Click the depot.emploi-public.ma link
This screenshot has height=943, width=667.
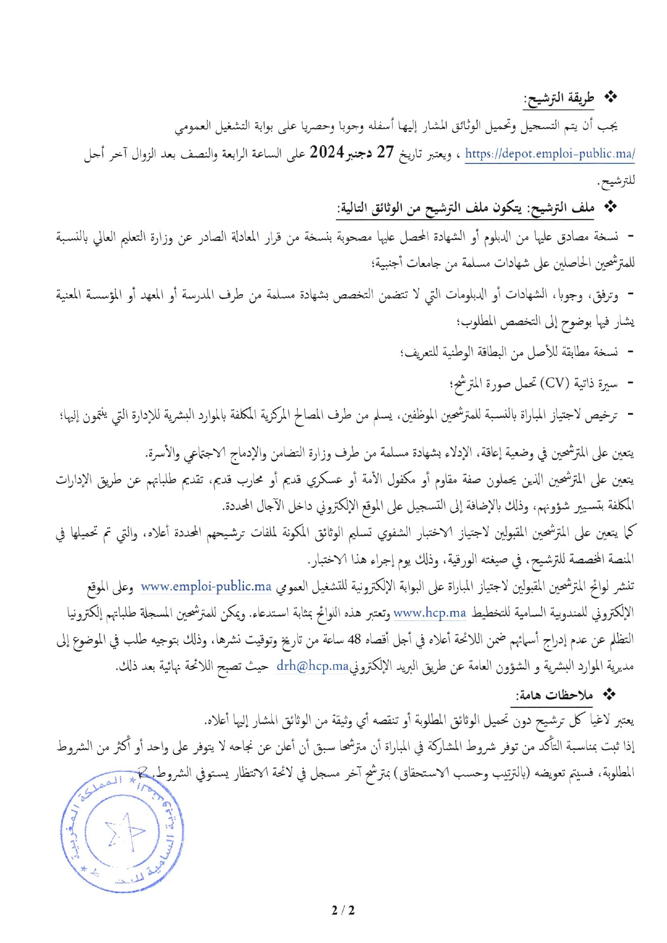[x=550, y=154]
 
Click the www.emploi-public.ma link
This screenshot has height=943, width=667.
[x=206, y=586]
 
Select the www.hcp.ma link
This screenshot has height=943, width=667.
[x=430, y=612]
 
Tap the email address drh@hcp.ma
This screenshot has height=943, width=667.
[x=312, y=665]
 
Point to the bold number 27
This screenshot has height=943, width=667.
[x=385, y=153]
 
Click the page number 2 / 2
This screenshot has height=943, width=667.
[x=343, y=910]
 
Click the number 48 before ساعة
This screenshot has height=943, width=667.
[x=354, y=639]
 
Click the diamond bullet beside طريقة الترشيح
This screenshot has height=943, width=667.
[x=611, y=97]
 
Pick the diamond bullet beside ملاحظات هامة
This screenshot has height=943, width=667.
[x=609, y=694]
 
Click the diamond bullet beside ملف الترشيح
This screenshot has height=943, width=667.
[x=611, y=207]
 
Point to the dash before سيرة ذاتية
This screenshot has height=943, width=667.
[x=630, y=383]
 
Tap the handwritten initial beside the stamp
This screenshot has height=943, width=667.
[x=144, y=772]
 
